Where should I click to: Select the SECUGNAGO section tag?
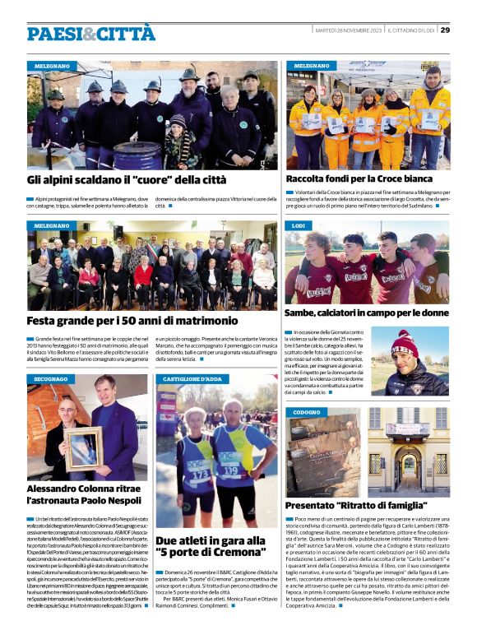point(52,379)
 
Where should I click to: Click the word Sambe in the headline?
point(307,313)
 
